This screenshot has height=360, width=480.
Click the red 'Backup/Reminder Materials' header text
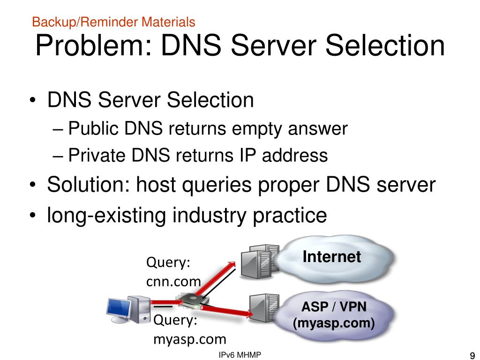pos(113,22)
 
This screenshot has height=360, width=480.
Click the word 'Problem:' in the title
pos(93,46)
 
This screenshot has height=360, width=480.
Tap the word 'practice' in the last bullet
pos(287,216)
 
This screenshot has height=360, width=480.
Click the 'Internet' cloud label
pos(331,256)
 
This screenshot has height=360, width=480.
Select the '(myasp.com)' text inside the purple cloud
pos(334,323)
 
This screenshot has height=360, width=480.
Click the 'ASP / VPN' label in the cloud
pos(334,307)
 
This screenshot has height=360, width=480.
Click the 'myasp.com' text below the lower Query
pos(190,339)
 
